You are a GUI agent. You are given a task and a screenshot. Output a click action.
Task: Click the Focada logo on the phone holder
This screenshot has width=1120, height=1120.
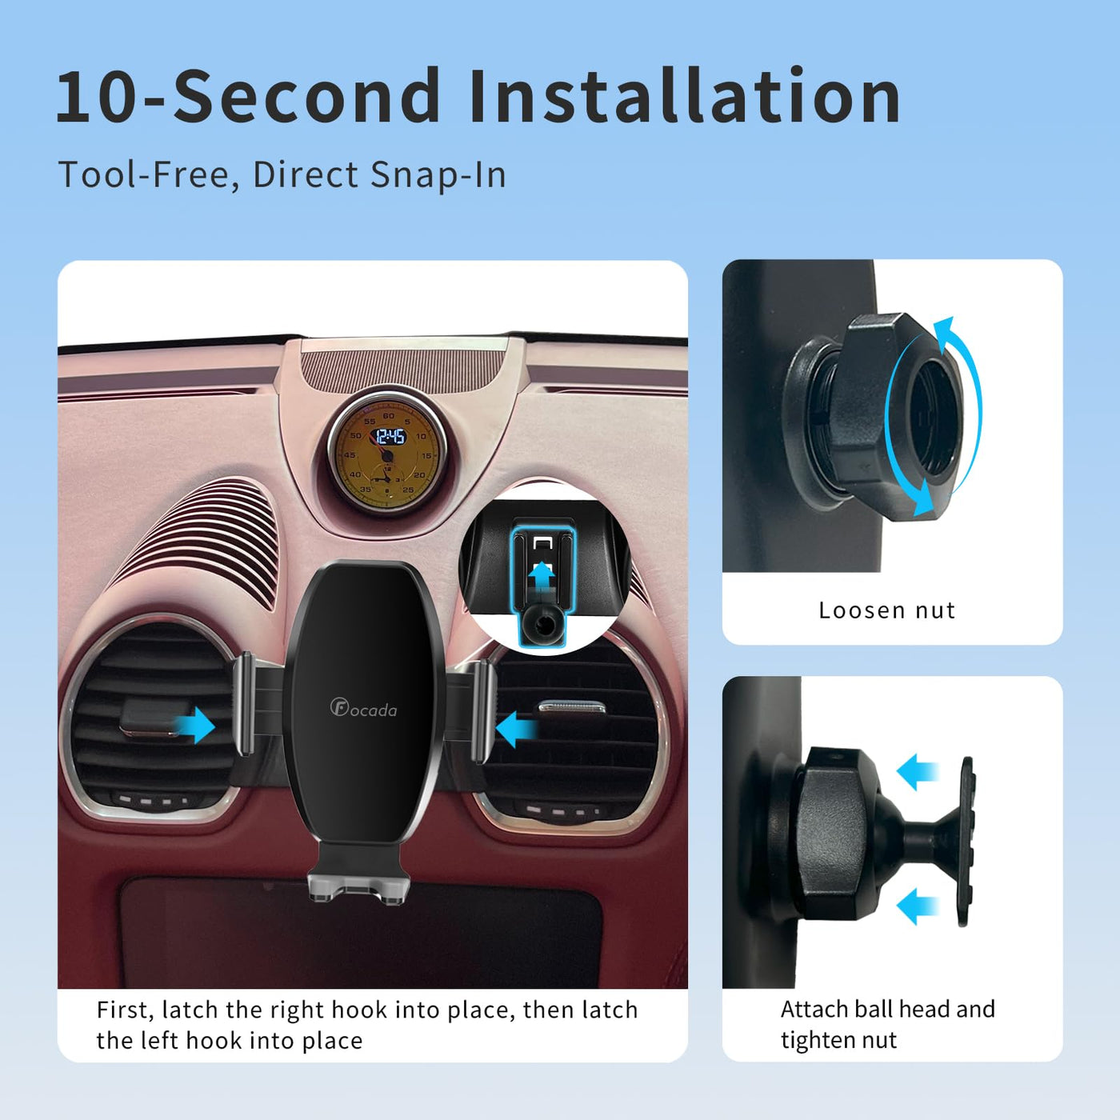pyautogui.click(x=364, y=708)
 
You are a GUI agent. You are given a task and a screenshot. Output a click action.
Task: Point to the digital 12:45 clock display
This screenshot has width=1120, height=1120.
pyautogui.click(x=390, y=437)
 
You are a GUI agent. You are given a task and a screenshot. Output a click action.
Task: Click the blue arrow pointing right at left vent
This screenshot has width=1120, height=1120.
pyautogui.click(x=195, y=726)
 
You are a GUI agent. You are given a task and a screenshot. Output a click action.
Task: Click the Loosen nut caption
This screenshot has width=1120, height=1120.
pyautogui.click(x=887, y=610)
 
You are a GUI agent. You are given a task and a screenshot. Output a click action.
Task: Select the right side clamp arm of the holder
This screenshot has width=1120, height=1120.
pyautogui.click(x=483, y=711)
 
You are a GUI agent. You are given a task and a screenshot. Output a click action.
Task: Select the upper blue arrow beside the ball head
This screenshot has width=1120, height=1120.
pyautogui.click(x=918, y=772)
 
